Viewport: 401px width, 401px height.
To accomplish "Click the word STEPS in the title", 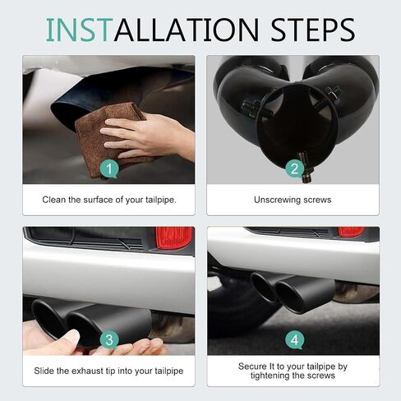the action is point(312,30).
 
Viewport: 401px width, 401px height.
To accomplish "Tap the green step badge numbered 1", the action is point(109,168).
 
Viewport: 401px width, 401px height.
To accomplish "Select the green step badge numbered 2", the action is point(295,168).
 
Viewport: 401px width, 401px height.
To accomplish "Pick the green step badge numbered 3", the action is point(109,340).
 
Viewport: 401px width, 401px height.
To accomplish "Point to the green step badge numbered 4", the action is point(295,340).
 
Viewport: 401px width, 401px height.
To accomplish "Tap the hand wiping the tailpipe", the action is point(148,137).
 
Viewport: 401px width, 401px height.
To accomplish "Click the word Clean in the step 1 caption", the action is point(54,200).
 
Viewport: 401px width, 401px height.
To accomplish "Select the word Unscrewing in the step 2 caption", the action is point(278,200).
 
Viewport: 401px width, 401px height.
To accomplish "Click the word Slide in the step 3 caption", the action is point(44,371).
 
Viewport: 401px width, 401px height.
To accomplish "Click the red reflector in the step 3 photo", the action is point(174,237).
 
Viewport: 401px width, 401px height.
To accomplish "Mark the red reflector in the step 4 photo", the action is point(352,232).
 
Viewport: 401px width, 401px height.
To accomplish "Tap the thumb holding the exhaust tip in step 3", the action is point(68,339).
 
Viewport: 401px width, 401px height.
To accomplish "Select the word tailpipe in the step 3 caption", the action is point(169,371).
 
